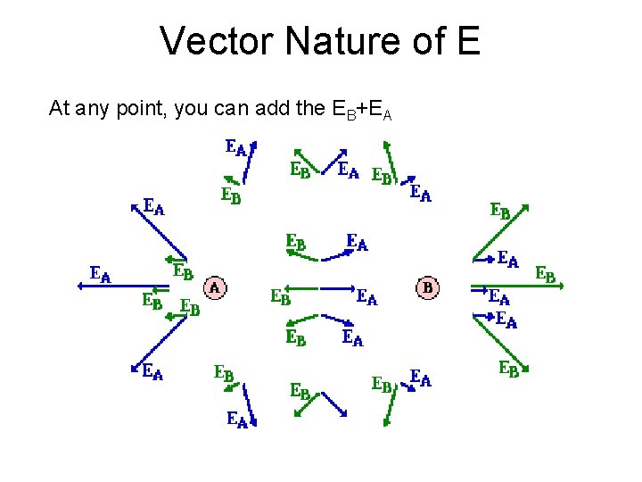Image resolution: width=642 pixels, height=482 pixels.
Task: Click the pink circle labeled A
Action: tap(215, 287)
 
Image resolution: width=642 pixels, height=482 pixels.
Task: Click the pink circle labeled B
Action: tap(428, 287)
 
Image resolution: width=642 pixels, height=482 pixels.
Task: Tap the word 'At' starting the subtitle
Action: tap(59, 109)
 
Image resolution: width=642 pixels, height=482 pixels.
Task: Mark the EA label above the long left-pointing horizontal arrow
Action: tap(100, 274)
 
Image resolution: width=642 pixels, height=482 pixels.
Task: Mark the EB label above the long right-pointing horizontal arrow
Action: tap(544, 275)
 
